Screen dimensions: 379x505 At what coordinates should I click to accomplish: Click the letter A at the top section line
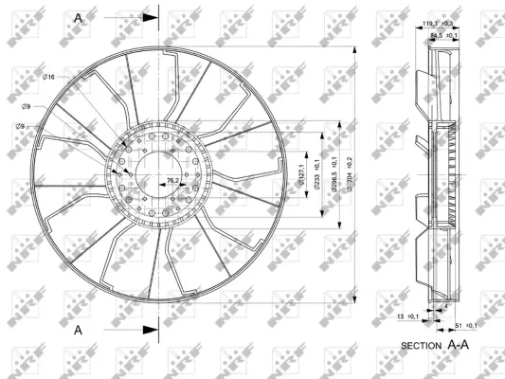pos(78,17)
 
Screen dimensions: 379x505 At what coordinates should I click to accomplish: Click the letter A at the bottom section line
pos(78,329)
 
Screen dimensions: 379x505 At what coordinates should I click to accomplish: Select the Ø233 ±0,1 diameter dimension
pos(317,168)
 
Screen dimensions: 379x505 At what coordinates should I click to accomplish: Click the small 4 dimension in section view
pos(446,307)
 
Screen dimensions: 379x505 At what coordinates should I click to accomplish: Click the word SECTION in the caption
pos(421,345)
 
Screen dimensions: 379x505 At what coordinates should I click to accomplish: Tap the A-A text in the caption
pos(459,345)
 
